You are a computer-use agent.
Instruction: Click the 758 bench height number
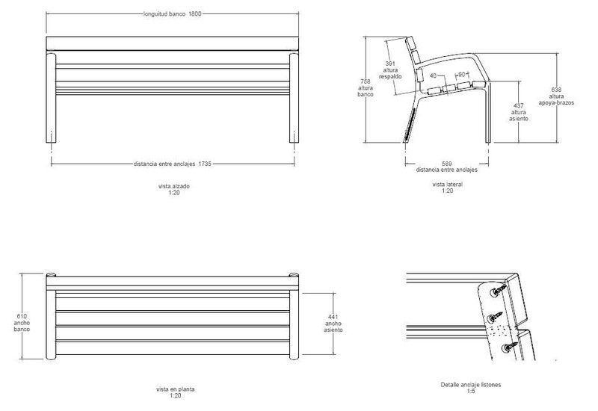[365, 81]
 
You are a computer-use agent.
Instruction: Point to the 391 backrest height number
[390, 64]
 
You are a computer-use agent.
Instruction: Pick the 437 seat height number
[519, 105]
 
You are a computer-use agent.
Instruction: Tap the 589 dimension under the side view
[447, 163]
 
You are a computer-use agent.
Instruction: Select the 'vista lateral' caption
[447, 184]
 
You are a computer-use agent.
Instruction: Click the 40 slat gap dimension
[434, 74]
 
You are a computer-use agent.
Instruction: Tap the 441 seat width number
[333, 317]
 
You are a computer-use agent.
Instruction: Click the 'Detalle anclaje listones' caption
[471, 385]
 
